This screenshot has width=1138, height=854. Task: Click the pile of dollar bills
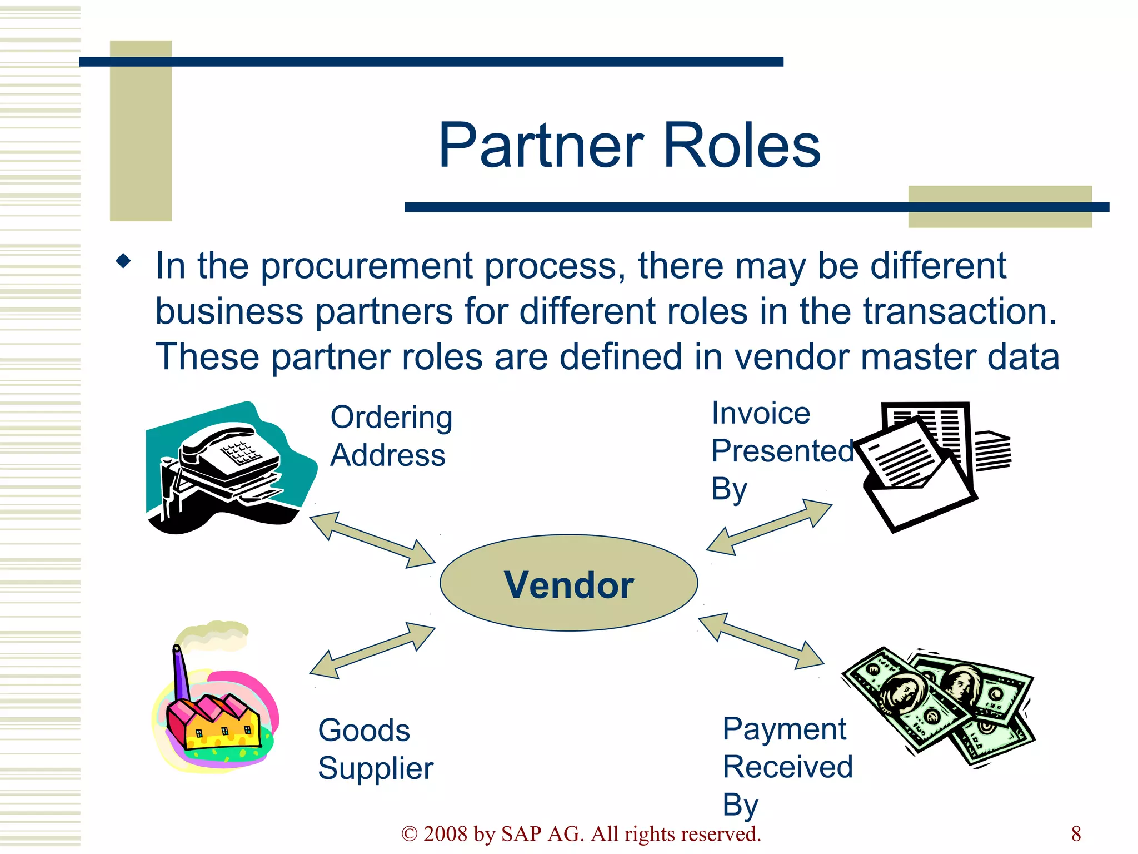939,706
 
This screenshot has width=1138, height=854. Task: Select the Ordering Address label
390,436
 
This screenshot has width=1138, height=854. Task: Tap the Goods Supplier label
375,749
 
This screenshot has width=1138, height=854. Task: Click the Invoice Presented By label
781,450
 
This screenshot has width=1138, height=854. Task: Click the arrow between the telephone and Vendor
372,540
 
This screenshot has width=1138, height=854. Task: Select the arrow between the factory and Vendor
372,651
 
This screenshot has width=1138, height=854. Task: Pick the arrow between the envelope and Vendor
769,527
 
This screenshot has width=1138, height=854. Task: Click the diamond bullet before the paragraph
123,261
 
